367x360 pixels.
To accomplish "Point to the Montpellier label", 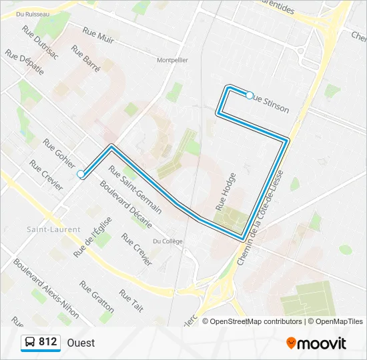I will pyautogui.click(x=171, y=60).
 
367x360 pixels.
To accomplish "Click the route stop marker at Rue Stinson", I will pyautogui.click(x=250, y=95).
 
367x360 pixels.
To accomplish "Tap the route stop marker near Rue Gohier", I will pyautogui.click(x=81, y=174).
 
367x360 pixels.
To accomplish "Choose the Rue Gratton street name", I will pyautogui.click(x=97, y=296).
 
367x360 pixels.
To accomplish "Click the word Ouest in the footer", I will pyautogui.click(x=81, y=343).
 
